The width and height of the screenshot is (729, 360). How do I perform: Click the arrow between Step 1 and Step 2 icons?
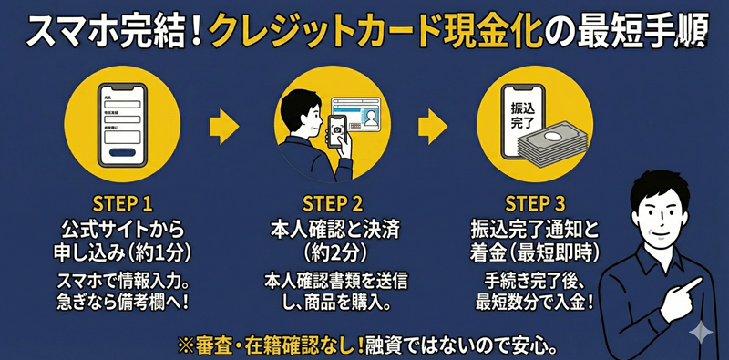[x=223, y=127]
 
